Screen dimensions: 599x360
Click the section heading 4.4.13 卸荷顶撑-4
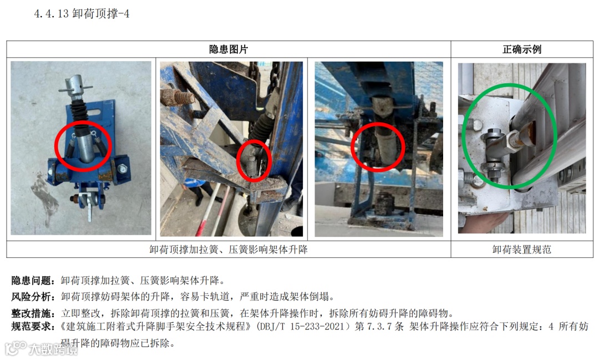82,14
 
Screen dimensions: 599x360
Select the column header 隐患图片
229,49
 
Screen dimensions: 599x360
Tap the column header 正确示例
522,49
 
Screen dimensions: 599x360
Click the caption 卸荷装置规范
522,250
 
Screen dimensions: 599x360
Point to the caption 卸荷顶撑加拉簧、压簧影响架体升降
229,250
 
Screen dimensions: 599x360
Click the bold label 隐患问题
31,281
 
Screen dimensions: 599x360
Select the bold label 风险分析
31,297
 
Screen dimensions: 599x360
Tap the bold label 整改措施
31,313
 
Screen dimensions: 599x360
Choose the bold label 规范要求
31,326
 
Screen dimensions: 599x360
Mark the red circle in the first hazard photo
55,145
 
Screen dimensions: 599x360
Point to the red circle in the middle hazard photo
237,160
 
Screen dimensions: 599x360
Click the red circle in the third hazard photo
352,147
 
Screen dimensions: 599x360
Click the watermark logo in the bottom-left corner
16,348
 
